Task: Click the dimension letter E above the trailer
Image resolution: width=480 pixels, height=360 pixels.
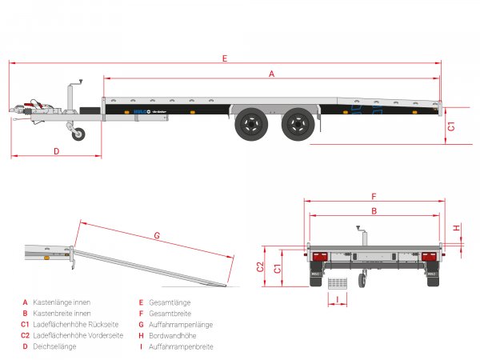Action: pyautogui.click(x=226, y=58)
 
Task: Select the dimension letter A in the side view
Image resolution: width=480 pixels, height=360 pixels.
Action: pyautogui.click(x=272, y=74)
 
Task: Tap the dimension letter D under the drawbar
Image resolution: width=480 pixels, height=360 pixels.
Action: pyautogui.click(x=57, y=150)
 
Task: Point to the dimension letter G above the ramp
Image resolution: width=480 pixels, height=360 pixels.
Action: pyautogui.click(x=157, y=235)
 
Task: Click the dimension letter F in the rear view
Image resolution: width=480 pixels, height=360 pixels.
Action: pyautogui.click(x=374, y=196)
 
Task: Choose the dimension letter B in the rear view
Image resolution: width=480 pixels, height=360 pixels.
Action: pyautogui.click(x=374, y=211)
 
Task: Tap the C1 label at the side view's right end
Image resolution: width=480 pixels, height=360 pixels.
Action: pyautogui.click(x=451, y=126)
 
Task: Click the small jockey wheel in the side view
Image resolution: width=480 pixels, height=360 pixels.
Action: pyautogui.click(x=78, y=134)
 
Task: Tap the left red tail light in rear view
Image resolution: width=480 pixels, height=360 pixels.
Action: pyautogui.click(x=318, y=257)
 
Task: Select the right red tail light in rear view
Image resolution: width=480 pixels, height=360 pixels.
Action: pyautogui.click(x=429, y=257)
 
